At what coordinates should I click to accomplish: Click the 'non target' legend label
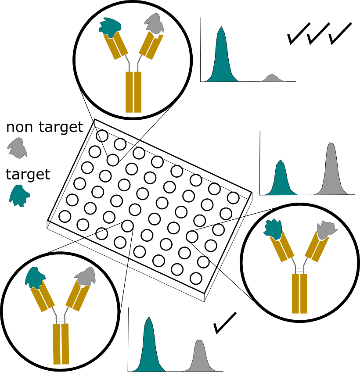(x=44, y=127)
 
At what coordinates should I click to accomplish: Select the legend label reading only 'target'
(x=28, y=175)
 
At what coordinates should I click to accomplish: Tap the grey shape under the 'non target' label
(x=18, y=147)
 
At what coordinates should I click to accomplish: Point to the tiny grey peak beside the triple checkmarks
(x=272, y=78)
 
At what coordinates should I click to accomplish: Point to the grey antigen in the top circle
(x=155, y=23)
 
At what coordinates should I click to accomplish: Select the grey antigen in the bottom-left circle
(x=85, y=277)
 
